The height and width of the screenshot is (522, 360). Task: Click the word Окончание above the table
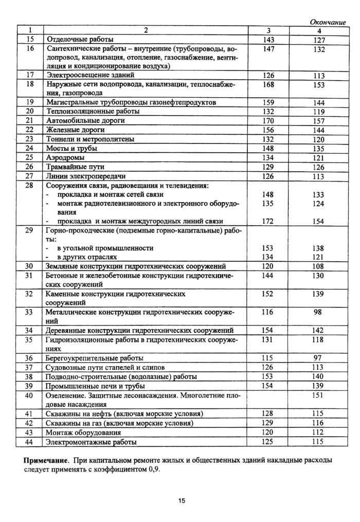click(x=328, y=22)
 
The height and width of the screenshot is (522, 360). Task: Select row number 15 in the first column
click(x=30, y=40)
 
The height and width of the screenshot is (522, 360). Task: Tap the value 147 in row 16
click(x=268, y=49)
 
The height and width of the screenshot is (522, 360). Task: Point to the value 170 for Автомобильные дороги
click(x=268, y=121)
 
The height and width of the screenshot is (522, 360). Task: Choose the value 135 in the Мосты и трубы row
click(x=318, y=149)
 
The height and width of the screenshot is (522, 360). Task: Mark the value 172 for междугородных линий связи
click(x=268, y=221)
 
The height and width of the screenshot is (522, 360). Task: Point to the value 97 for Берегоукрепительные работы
click(x=318, y=358)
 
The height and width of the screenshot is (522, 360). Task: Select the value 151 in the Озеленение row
click(x=318, y=395)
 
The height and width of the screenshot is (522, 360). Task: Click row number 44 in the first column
click(x=30, y=441)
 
